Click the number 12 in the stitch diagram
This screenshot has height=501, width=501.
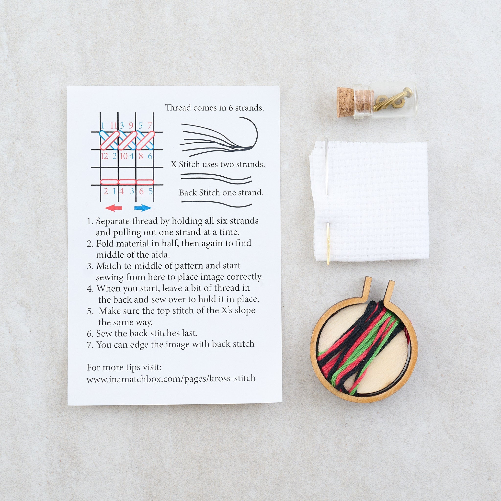tap(104, 156)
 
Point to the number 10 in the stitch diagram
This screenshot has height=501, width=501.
tap(124, 156)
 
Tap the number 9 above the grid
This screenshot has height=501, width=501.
tap(131, 125)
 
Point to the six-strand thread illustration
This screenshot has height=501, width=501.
tap(219, 137)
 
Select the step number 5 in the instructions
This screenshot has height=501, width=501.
tap(90, 311)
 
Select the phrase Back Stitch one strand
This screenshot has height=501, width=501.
tap(221, 193)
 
